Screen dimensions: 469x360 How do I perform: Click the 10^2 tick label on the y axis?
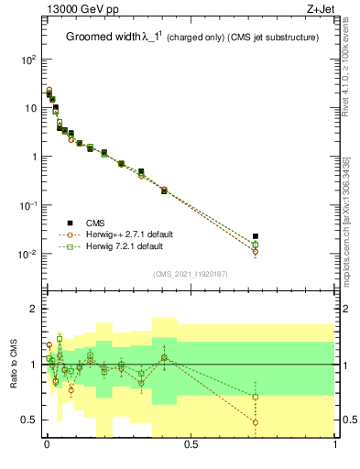pos(27,59)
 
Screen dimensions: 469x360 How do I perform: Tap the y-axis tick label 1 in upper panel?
pos(33,157)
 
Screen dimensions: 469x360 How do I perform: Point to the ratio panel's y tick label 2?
pos(33,309)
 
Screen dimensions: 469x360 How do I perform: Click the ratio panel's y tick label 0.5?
pos(29,420)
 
